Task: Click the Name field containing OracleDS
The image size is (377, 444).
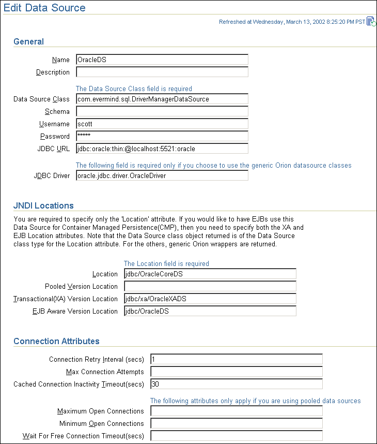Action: coord(162,60)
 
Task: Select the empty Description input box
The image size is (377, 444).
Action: coord(162,72)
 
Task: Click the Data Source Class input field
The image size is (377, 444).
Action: coord(162,99)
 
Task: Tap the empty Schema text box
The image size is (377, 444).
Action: coord(162,111)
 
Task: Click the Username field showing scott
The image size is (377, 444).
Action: coord(162,124)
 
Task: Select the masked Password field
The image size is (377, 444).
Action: coord(162,136)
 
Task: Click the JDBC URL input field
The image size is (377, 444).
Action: coord(162,149)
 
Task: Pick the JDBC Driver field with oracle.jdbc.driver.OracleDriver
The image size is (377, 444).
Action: coord(162,175)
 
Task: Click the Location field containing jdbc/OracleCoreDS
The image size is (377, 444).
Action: coord(210,274)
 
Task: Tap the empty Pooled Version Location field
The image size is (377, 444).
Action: coord(210,286)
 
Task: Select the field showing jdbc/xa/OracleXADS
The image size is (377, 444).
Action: coord(210,299)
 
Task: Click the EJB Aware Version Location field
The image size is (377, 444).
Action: coord(210,311)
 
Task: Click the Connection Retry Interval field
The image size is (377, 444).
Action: coord(236,359)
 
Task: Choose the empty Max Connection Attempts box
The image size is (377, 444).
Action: coord(236,372)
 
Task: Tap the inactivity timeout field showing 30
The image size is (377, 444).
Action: coord(236,384)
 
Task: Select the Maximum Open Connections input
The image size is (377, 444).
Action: coord(236,411)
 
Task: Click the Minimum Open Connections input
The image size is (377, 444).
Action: coord(236,423)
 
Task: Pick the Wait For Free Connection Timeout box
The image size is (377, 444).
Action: coord(236,436)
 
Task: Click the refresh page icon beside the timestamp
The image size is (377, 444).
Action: coord(371,22)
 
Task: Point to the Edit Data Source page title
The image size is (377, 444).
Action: coord(45,8)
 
